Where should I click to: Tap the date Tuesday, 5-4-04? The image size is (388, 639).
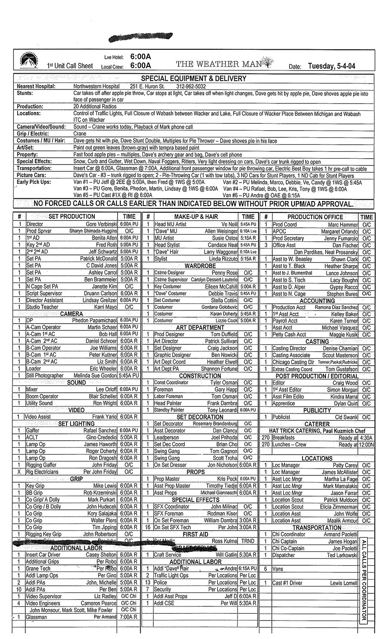[x=331, y=66]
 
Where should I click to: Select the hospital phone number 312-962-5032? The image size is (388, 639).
[x=191, y=86]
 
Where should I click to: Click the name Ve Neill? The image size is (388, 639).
[x=229, y=224]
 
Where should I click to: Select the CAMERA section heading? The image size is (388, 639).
[x=71, y=314]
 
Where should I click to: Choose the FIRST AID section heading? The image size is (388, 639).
[x=195, y=534]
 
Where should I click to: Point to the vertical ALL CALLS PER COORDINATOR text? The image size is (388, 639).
[x=364, y=580]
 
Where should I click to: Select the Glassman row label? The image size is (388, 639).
[x=36, y=616]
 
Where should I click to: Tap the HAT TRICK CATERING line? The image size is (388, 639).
[x=317, y=431]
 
